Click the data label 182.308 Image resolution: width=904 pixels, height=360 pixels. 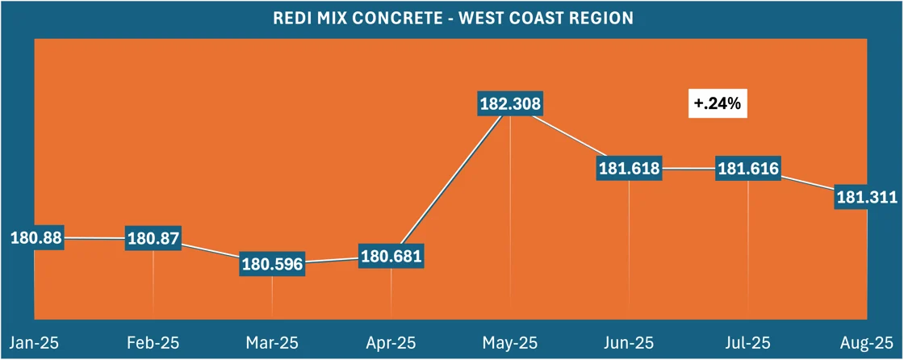coord(510,104)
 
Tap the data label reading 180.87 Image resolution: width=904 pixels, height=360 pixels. coord(153,239)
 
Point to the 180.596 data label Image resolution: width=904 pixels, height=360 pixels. coord(272,265)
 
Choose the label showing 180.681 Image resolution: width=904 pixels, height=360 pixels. coord(391,257)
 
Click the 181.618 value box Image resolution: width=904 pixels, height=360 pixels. coord(629,169)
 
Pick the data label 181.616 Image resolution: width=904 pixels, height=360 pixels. coord(747,169)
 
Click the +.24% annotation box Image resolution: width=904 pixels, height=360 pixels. coord(716,103)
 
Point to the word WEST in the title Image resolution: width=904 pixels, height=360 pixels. coord(482,18)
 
